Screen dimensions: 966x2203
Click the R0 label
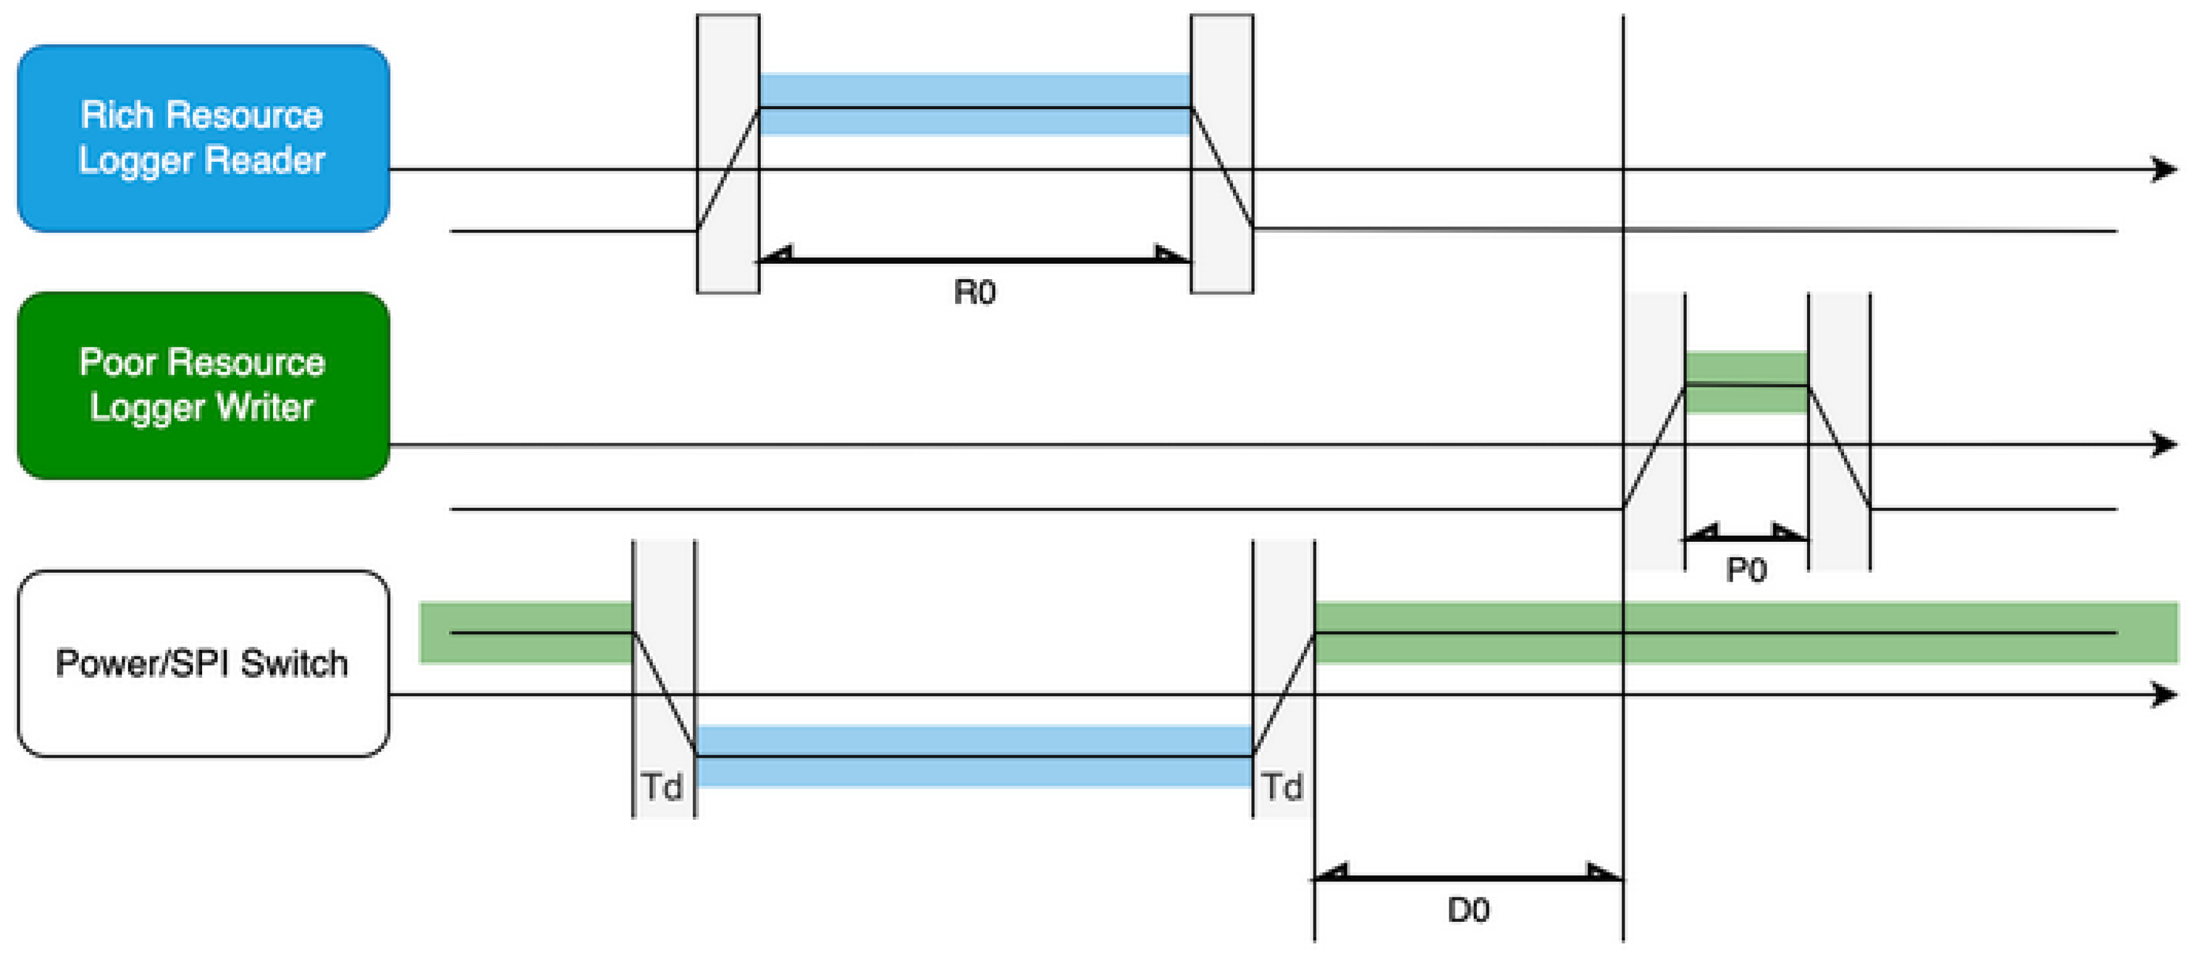point(974,292)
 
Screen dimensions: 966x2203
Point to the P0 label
point(1746,570)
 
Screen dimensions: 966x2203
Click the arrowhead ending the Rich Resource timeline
point(2164,169)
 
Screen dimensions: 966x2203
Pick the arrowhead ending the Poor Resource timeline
point(2164,445)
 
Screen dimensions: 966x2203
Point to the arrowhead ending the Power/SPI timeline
point(2164,694)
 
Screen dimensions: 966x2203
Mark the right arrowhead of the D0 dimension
point(1604,874)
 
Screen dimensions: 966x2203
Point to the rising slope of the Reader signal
point(728,169)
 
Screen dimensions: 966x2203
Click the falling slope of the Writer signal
point(1839,447)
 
